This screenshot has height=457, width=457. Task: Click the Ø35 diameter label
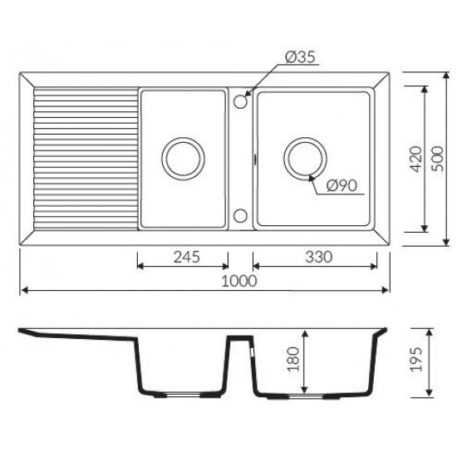[x=300, y=57]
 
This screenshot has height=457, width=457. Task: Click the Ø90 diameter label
[x=342, y=185]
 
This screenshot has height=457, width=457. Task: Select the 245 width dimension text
[x=186, y=257]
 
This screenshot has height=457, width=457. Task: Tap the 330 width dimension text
[x=318, y=257]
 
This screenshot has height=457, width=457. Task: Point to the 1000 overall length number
[x=239, y=281]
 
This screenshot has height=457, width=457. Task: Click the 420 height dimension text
[x=415, y=160]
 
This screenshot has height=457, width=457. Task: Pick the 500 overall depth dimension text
[x=437, y=160]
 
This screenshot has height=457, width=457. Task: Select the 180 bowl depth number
[x=293, y=359]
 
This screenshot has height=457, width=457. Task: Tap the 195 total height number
[x=416, y=359]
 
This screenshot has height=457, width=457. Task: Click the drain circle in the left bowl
[x=184, y=138]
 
